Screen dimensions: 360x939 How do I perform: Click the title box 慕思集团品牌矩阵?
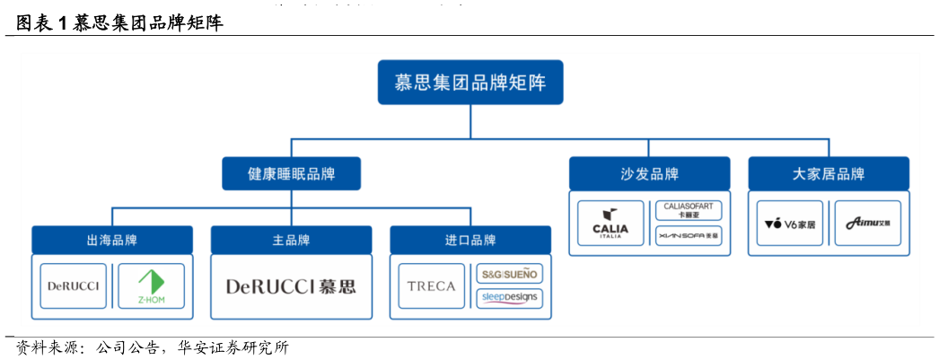[469, 83]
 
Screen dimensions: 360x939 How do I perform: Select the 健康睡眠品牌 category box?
[291, 174]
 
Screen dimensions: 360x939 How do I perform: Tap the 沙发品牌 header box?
[649, 174]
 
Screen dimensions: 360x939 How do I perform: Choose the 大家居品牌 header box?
[828, 174]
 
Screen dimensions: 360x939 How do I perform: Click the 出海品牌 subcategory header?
[112, 241]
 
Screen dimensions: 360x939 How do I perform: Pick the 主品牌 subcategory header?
[291, 241]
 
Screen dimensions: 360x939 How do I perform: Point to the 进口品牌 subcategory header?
[469, 241]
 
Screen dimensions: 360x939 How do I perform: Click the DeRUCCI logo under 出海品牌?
[74, 286]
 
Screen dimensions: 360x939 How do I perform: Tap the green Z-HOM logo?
[151, 286]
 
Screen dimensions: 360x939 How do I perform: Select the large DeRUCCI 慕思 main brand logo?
[291, 287]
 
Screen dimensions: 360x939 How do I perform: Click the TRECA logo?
[432, 286]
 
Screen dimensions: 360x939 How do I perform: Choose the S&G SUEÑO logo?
[509, 274]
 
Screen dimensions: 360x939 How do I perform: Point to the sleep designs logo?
[509, 298]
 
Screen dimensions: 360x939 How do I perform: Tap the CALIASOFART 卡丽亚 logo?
[689, 211]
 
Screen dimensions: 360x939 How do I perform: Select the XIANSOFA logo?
[689, 236]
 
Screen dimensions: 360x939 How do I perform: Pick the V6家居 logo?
[790, 224]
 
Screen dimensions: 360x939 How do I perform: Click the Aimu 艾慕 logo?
[867, 224]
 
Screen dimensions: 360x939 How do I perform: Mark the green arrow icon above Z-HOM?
[151, 279]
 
